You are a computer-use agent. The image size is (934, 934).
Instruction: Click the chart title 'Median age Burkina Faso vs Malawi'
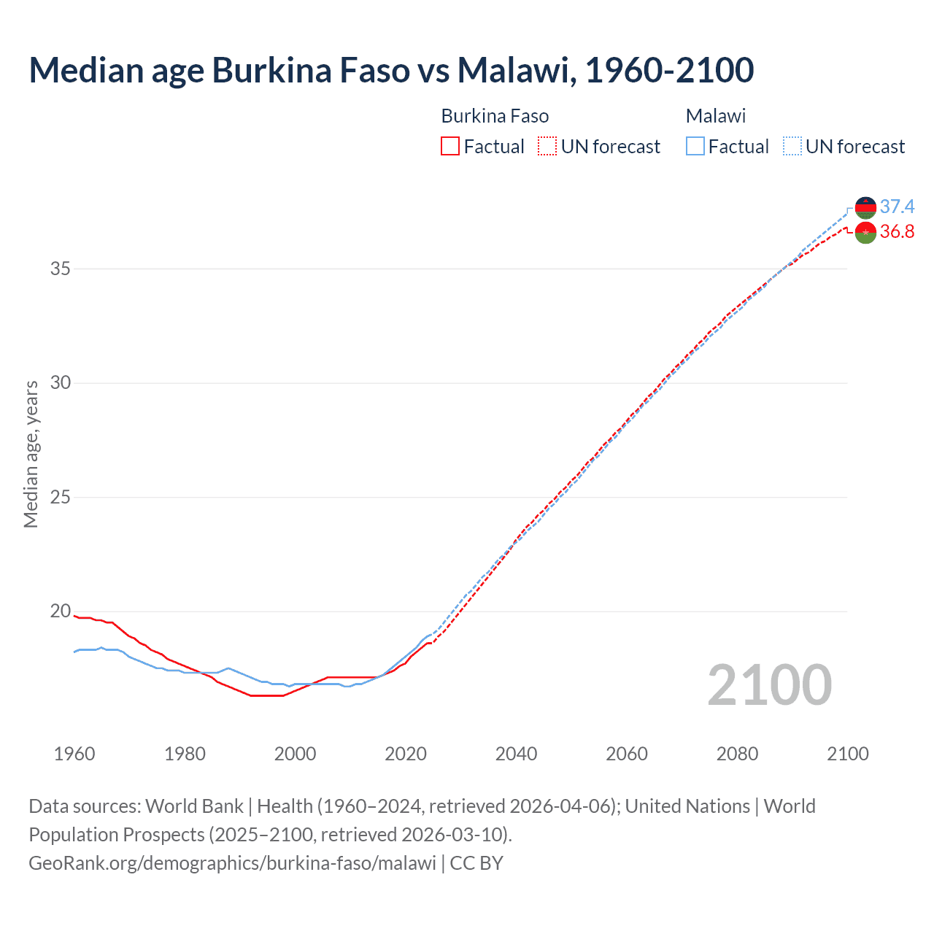391,70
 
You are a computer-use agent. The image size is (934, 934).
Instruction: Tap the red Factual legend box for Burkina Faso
450,147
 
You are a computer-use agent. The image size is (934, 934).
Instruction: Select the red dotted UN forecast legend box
547,147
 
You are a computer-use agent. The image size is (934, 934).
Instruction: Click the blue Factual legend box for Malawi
695,147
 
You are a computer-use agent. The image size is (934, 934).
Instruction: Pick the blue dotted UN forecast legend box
792,147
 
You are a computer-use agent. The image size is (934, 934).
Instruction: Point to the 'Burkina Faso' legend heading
495,116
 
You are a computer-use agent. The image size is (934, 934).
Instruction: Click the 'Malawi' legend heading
716,116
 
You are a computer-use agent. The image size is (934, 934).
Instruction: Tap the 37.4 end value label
897,207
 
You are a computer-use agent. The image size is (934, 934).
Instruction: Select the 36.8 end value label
897,232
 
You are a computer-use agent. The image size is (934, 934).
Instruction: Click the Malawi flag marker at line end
865,208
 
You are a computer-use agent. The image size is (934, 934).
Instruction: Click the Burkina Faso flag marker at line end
865,233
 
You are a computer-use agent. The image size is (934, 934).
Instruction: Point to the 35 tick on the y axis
61,269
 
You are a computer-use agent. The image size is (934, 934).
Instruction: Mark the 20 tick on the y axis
61,611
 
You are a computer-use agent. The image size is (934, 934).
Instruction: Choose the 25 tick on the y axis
61,498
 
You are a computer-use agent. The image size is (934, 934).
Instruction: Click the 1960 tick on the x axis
74,754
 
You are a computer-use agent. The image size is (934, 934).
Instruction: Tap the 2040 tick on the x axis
516,754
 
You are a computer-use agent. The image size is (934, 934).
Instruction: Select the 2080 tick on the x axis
737,754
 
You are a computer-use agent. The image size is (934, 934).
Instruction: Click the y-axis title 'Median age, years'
31,454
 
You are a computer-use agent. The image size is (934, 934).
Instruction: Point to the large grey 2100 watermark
770,684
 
